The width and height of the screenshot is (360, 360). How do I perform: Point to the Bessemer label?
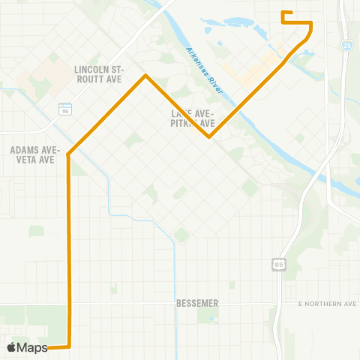tap(196, 303)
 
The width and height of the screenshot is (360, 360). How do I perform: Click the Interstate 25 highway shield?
tap(343, 46)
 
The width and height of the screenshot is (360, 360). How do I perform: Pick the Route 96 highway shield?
tap(64, 109)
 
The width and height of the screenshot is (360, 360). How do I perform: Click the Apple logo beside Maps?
tap(12, 347)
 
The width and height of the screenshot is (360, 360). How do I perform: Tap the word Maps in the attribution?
tap(33, 347)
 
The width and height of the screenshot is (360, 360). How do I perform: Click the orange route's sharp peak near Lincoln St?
tap(146, 75)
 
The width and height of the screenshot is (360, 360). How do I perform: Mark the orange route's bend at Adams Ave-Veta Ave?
tap(68, 154)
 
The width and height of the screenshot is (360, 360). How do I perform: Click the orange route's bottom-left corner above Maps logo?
tap(70, 346)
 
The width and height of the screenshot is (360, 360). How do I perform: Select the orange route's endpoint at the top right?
tap(282, 13)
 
